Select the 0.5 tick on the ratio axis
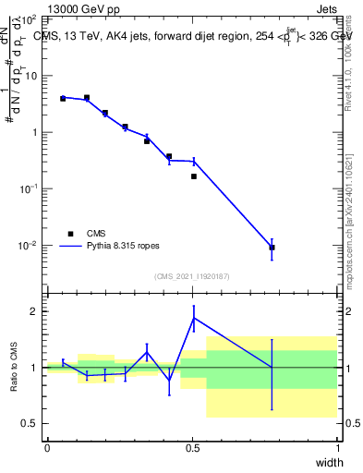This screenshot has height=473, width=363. point(30,424)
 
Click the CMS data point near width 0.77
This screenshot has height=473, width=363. point(272,248)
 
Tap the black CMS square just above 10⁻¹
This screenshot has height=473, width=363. point(193,176)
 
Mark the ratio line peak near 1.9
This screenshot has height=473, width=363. point(193,318)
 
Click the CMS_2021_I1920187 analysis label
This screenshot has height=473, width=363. point(192,276)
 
